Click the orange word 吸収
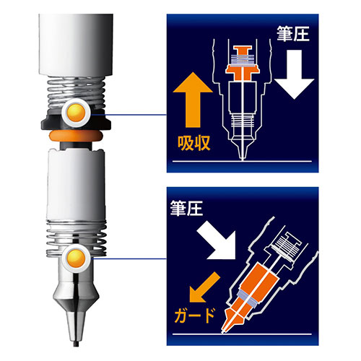(x=194, y=144)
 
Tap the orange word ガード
(x=194, y=316)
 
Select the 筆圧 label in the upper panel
(x=293, y=33)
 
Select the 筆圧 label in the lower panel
(x=186, y=208)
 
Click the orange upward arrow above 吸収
(x=193, y=100)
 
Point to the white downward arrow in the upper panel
(x=295, y=74)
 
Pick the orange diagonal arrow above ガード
(x=204, y=287)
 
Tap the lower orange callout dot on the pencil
(x=76, y=258)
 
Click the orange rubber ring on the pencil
(x=76, y=136)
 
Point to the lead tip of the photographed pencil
(x=76, y=344)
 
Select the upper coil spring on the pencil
(x=76, y=92)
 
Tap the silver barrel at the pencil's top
(x=76, y=45)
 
